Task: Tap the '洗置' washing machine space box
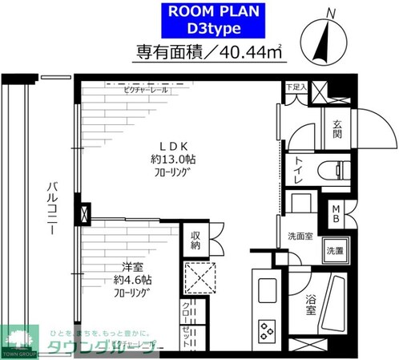pyautogui.click(x=333, y=251)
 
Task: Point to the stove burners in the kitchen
pyautogui.click(x=266, y=329)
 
